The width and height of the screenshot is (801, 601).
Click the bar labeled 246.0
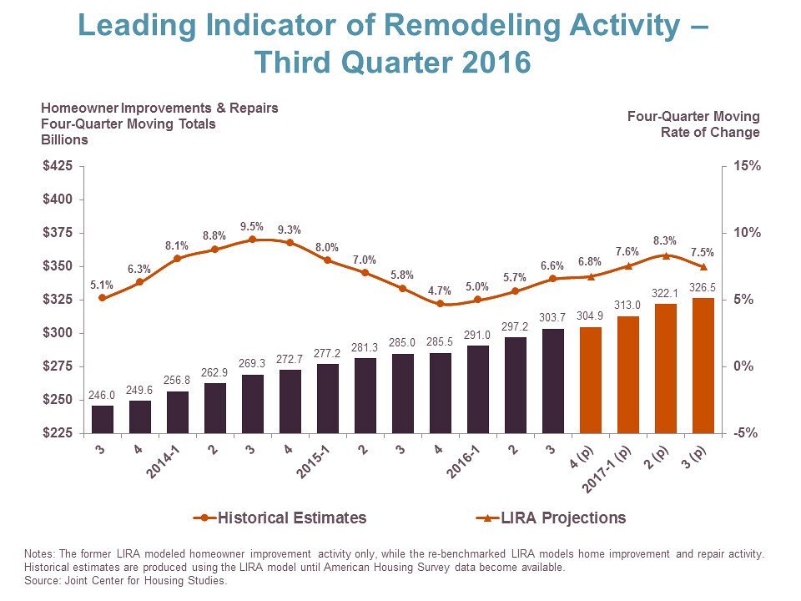click(102, 419)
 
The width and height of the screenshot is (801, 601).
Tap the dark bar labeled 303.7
click(552, 381)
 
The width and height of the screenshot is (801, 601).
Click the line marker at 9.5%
click(252, 240)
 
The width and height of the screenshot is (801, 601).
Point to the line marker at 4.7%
click(440, 304)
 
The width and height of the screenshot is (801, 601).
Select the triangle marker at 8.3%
click(665, 255)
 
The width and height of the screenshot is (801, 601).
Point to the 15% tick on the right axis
click(748, 166)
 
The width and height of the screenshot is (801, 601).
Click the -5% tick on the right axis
click(748, 433)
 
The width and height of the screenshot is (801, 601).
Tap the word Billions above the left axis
click(65, 139)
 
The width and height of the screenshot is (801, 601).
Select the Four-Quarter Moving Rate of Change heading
click(693, 124)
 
